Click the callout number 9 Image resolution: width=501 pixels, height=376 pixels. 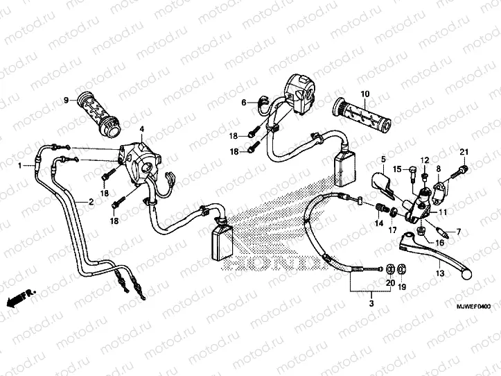tap(67, 101)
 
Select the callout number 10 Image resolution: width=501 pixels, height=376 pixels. tap(364, 94)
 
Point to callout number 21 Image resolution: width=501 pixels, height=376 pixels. tap(464, 153)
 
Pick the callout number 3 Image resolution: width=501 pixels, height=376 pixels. tap(371, 303)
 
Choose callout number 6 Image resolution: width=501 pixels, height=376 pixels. tap(244, 102)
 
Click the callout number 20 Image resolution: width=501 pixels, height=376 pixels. tap(389, 283)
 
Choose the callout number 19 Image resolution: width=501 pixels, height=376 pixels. tap(402, 287)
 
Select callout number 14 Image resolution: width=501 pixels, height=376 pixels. tap(379, 223)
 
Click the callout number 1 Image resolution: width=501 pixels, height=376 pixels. tap(21, 166)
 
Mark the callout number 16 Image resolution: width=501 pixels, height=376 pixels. tap(420, 243)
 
